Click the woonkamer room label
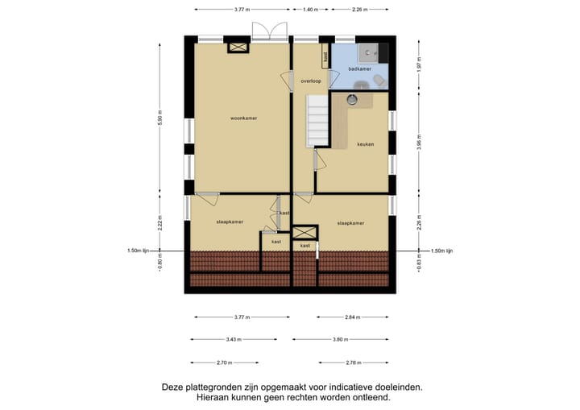[x=243, y=118]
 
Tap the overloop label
[x=311, y=81]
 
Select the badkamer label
[x=359, y=69]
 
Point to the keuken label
[x=365, y=145]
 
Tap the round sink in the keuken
[x=352, y=100]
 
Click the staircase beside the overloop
[x=317, y=120]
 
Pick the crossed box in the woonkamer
[x=239, y=48]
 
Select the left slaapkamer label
[x=230, y=221]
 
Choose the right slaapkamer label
[x=350, y=223]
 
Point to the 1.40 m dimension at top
[x=309, y=10]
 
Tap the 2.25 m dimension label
[x=360, y=10]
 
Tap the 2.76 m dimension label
[x=354, y=362]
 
